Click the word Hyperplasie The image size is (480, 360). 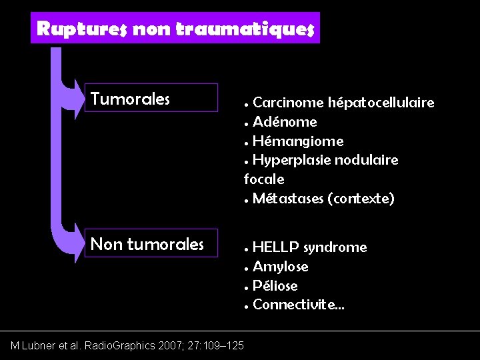click(289, 161)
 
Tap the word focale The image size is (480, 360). click(264, 179)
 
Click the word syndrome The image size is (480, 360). click(335, 247)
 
